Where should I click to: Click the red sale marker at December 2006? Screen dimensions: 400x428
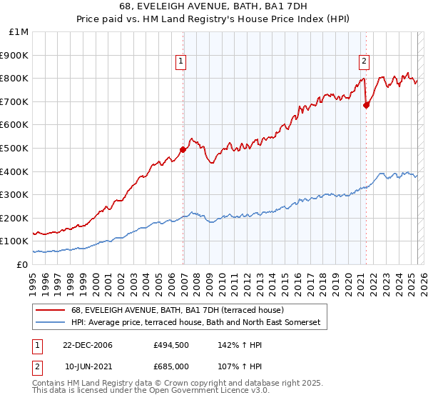183,149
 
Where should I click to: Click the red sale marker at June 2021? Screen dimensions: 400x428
366,105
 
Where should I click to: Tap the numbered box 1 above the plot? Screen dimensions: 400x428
182,62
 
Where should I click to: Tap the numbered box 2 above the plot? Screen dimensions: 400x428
365,62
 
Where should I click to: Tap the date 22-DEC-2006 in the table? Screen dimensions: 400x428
88,345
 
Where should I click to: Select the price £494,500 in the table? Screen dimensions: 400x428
170,345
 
